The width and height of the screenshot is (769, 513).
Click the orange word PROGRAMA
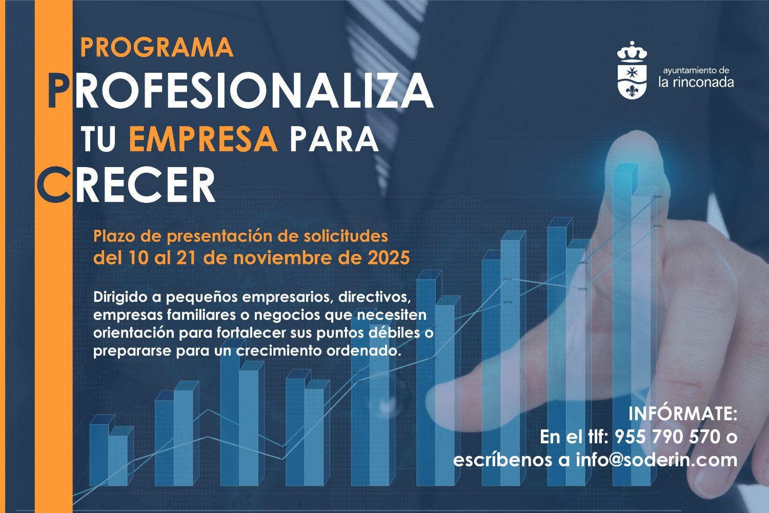click(x=157, y=48)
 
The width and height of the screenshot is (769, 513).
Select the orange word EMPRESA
click(x=203, y=139)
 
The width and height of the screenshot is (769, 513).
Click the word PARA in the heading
click(x=334, y=139)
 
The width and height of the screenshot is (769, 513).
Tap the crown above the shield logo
click(x=632, y=52)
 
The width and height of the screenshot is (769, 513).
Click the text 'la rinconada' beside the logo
click(x=696, y=83)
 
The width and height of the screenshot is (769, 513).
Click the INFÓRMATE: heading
click(x=682, y=414)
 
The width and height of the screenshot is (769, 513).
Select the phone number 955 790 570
click(x=667, y=437)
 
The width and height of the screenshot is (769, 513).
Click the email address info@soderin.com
click(x=656, y=460)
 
